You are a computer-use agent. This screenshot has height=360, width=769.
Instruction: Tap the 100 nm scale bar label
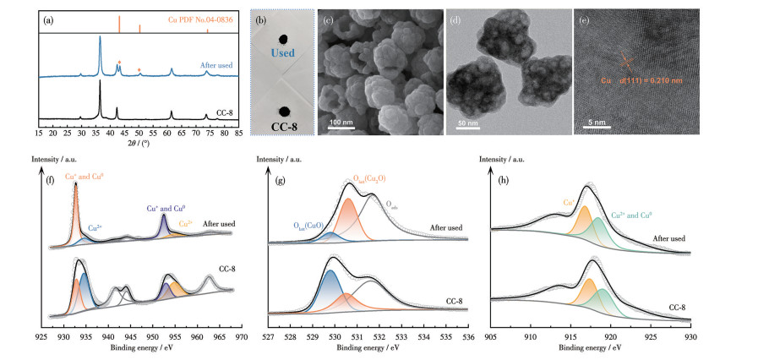pos(341,123)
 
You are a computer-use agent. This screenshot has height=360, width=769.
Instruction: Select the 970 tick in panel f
pos(241,335)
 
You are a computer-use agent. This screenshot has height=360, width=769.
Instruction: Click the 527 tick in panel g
pos(268,335)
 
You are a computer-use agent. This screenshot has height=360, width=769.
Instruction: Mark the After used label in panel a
pos(216,64)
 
